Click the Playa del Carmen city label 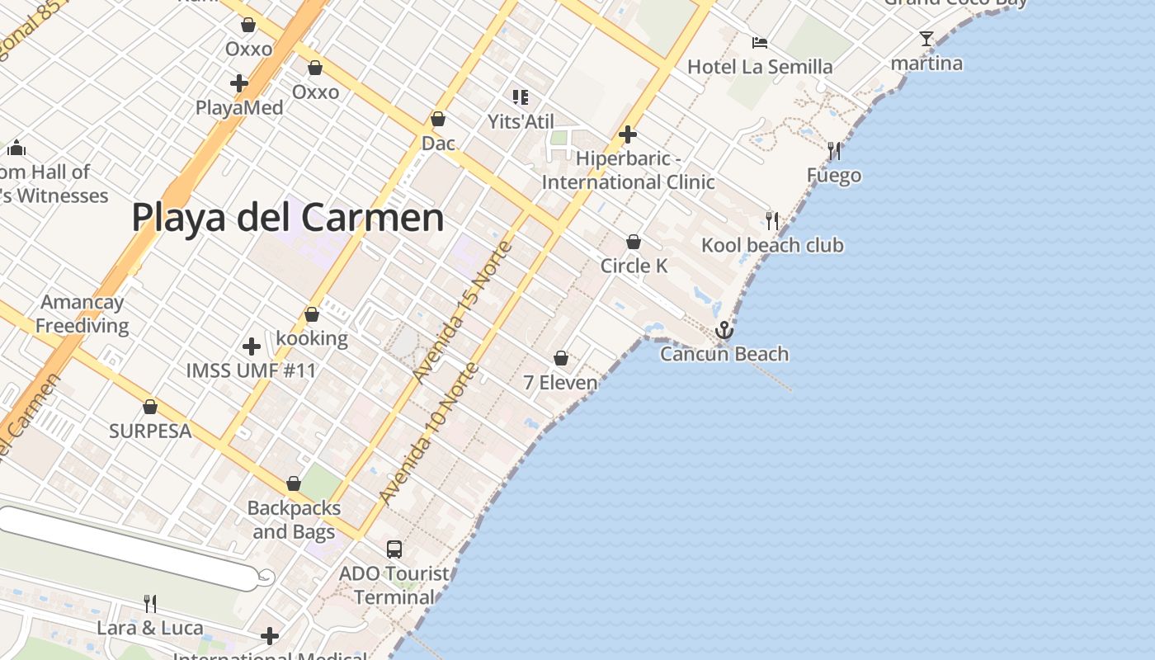pyautogui.click(x=288, y=218)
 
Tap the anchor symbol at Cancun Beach pyautogui.click(x=724, y=330)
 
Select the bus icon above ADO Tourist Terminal pyautogui.click(x=394, y=549)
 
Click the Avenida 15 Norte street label pyautogui.click(x=463, y=313)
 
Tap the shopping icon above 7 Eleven pyautogui.click(x=561, y=358)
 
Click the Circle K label pyautogui.click(x=634, y=266)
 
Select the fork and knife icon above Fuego pyautogui.click(x=834, y=151)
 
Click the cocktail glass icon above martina pyautogui.click(x=926, y=39)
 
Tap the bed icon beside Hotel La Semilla pyautogui.click(x=760, y=43)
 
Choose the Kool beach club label pyautogui.click(x=772, y=245)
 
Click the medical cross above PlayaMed pyautogui.click(x=239, y=83)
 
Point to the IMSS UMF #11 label pyautogui.click(x=251, y=370)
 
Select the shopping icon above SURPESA pyautogui.click(x=150, y=407)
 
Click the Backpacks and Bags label pyautogui.click(x=294, y=520)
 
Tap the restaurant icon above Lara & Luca pyautogui.click(x=149, y=604)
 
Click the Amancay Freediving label pyautogui.click(x=82, y=314)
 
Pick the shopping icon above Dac pyautogui.click(x=438, y=120)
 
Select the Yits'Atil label pyautogui.click(x=521, y=122)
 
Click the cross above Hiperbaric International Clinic pyautogui.click(x=628, y=134)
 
